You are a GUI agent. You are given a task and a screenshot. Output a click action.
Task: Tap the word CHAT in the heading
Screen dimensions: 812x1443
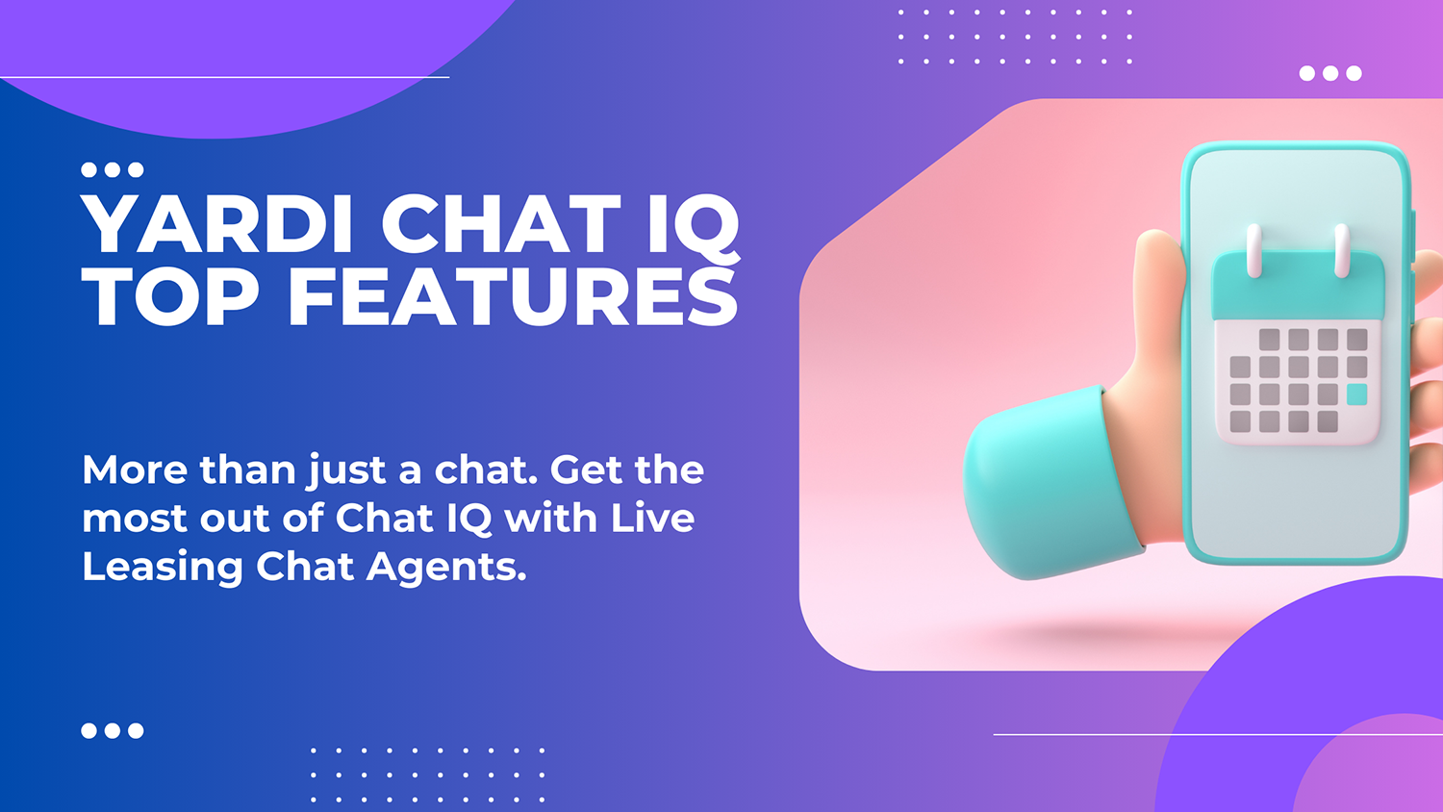pyautogui.click(x=500, y=224)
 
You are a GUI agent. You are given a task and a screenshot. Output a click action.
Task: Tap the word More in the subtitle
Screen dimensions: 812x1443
pyautogui.click(x=134, y=470)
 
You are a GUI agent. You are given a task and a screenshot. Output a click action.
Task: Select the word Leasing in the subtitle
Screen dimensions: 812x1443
pyautogui.click(x=162, y=568)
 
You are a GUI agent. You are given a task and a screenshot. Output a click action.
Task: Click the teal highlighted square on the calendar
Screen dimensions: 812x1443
pyautogui.click(x=1356, y=393)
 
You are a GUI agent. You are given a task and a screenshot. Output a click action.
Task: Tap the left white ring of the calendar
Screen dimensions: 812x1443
pyautogui.click(x=1253, y=250)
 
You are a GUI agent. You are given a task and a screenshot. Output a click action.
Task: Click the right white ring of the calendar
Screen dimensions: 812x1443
pyautogui.click(x=1342, y=250)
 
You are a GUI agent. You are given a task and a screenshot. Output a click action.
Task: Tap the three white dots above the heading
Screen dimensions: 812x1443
pyautogui.click(x=113, y=170)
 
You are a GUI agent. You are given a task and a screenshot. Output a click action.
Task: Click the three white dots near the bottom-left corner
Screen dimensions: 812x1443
pyautogui.click(x=113, y=731)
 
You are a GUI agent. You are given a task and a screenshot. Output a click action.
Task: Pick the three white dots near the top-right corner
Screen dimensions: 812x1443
pyautogui.click(x=1330, y=73)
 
